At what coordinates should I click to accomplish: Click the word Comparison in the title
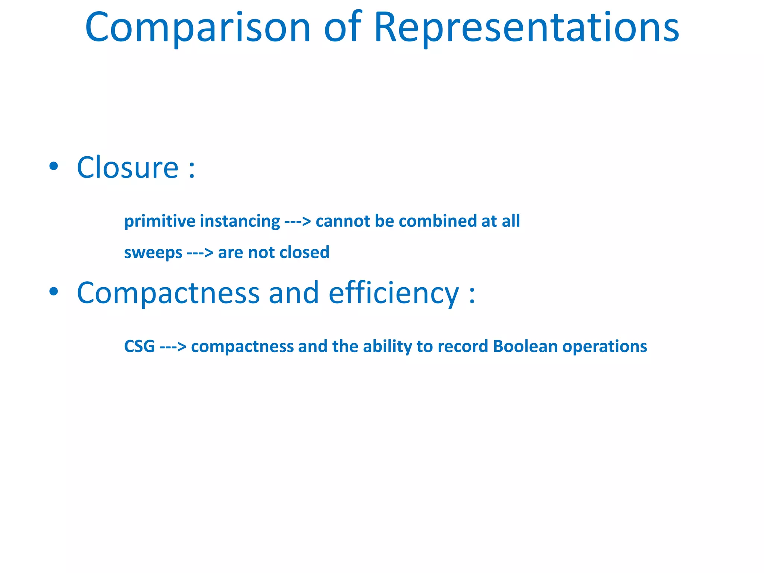point(198,28)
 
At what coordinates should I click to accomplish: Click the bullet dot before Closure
point(54,166)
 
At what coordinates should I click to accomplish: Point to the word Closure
point(128,167)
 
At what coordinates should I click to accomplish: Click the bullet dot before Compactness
point(54,292)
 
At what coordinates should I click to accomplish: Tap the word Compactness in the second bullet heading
point(168,294)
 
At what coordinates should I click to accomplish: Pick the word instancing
point(240,221)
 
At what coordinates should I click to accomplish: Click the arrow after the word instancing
point(297,222)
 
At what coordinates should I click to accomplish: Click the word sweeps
point(153,253)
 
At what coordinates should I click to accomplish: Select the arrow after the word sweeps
point(200,253)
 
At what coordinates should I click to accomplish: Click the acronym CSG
point(139,346)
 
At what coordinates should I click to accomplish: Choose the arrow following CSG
point(173,347)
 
